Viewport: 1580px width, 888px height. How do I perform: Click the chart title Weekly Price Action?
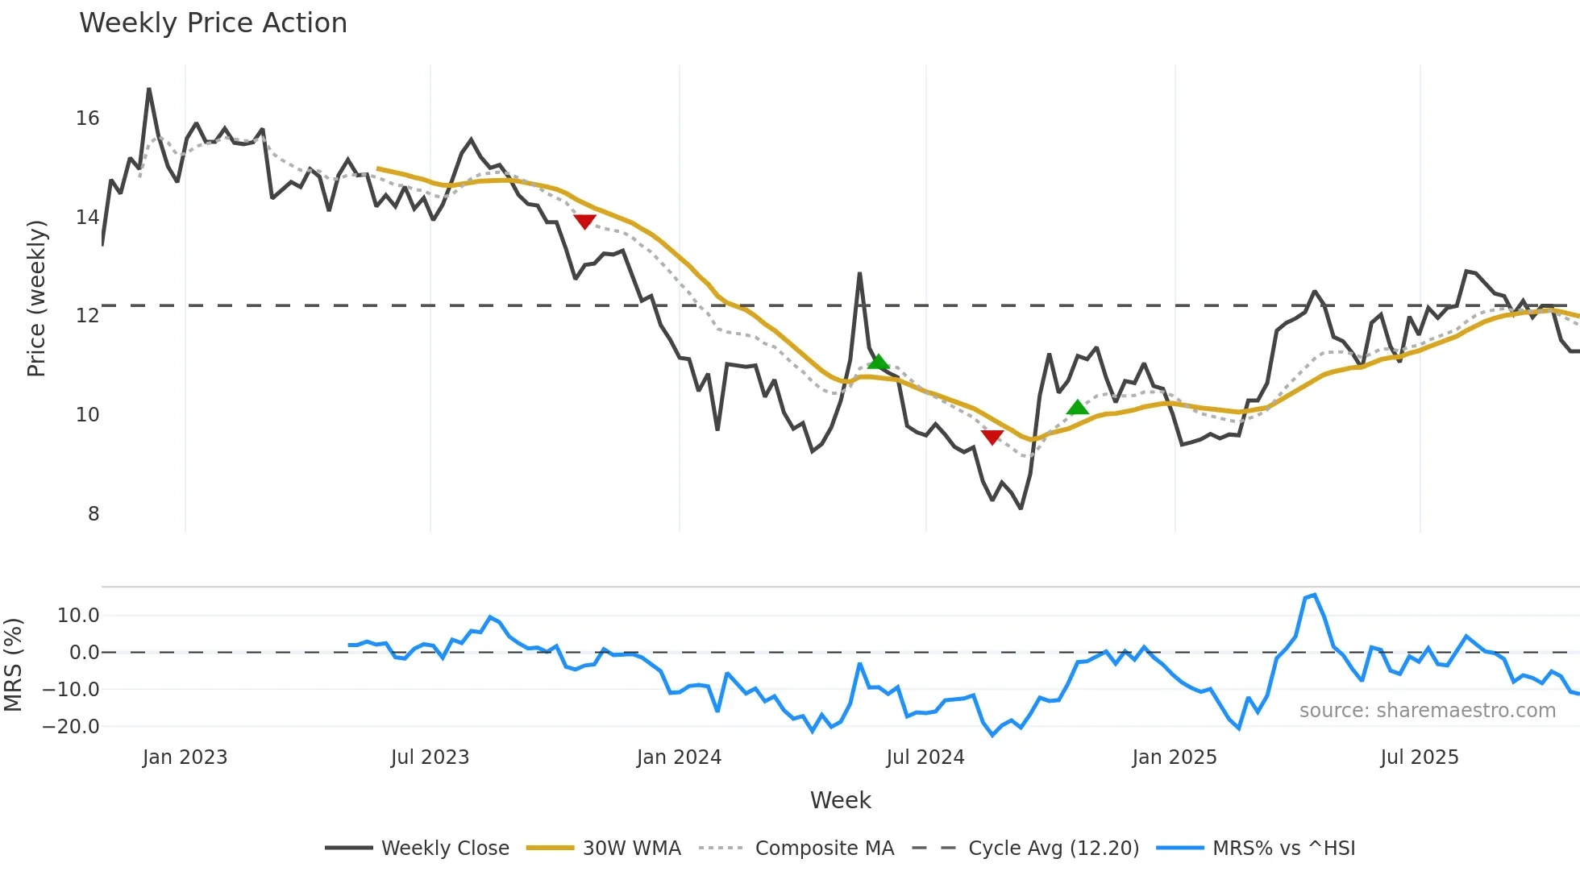click(x=213, y=23)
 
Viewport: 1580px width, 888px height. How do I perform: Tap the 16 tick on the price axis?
click(x=88, y=118)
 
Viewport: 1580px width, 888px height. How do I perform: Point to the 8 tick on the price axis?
click(x=94, y=514)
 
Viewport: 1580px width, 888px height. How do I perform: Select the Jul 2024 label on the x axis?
click(x=925, y=757)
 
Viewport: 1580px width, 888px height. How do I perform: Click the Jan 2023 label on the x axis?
click(x=185, y=757)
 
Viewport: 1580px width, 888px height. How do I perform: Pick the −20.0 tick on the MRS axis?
click(x=71, y=727)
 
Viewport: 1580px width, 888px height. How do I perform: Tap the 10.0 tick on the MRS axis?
click(x=78, y=616)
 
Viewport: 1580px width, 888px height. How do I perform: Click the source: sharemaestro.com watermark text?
click(x=1427, y=711)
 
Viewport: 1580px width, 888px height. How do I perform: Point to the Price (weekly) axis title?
click(x=37, y=298)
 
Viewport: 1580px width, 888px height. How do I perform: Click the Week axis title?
click(x=840, y=800)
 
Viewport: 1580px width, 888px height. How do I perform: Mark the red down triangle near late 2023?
click(x=584, y=222)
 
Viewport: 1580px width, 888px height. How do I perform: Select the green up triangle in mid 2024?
click(x=878, y=362)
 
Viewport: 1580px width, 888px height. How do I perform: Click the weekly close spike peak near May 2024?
click(x=859, y=274)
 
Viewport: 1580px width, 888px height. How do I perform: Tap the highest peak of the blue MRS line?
click(x=1315, y=595)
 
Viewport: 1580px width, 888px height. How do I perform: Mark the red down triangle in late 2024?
click(x=992, y=437)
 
